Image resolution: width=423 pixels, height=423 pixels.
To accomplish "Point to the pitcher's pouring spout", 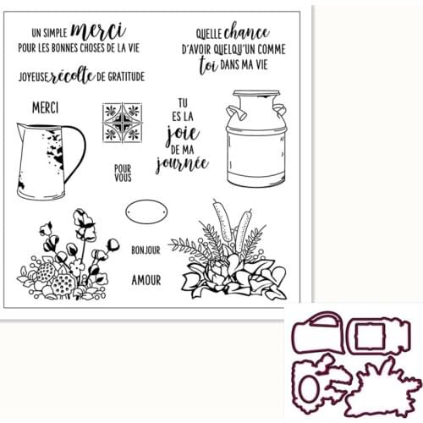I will coord(20,129).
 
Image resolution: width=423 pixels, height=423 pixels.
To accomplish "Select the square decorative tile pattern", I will coord(120,122).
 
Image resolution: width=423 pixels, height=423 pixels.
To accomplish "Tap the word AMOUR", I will coord(146,277).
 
